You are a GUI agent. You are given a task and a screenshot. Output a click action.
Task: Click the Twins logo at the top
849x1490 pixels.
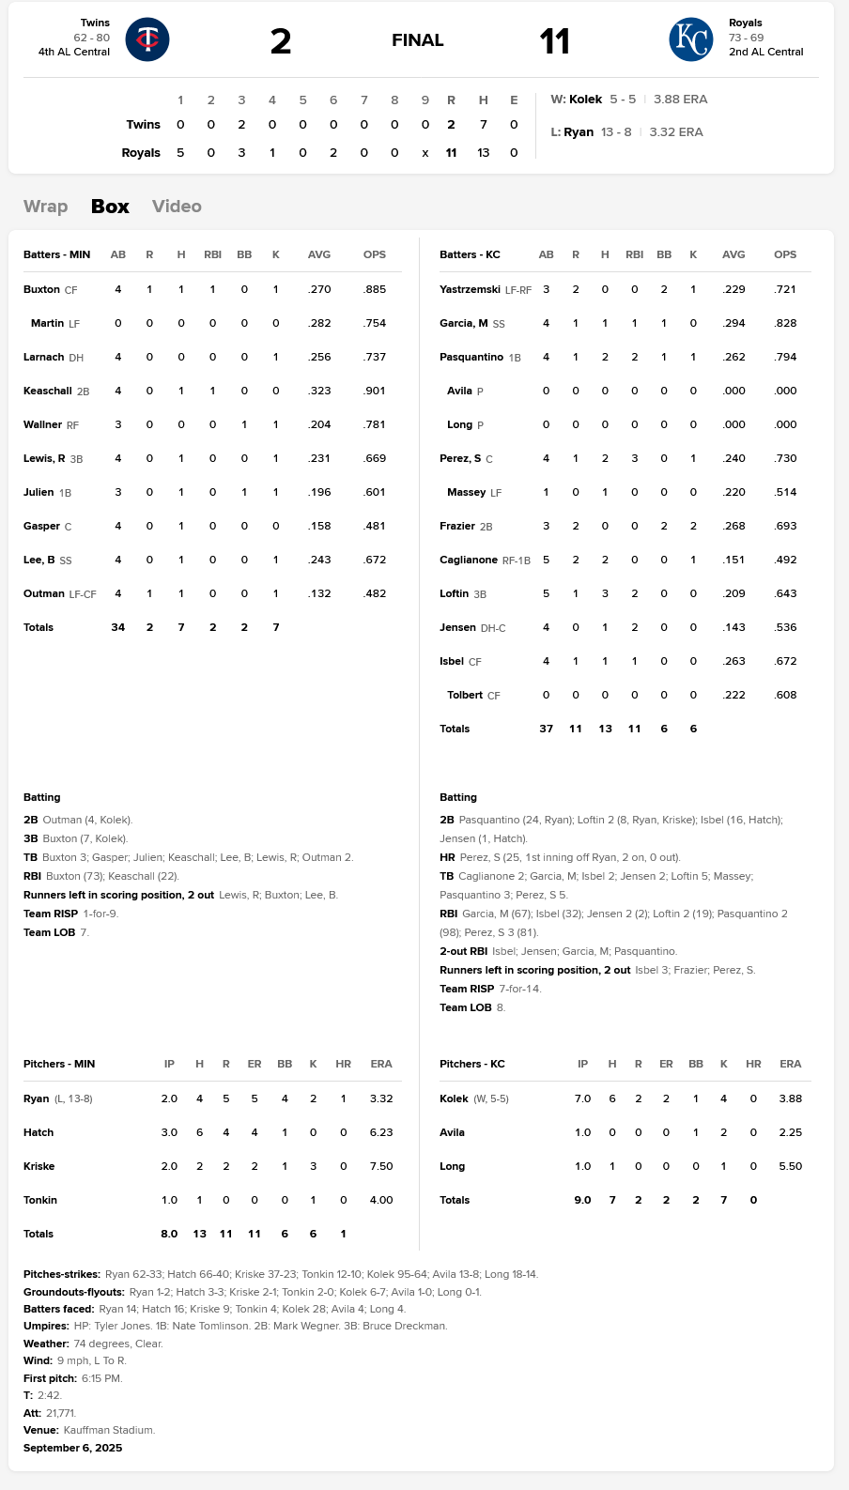click(147, 39)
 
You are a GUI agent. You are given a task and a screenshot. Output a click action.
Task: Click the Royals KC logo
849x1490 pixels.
click(690, 39)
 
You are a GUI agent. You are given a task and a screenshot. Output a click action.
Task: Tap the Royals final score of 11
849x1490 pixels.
click(554, 41)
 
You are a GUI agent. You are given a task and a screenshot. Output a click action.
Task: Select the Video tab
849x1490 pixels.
click(177, 207)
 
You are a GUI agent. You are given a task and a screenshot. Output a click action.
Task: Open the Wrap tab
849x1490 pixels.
click(45, 207)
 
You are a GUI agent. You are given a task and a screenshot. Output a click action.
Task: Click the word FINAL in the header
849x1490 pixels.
click(417, 40)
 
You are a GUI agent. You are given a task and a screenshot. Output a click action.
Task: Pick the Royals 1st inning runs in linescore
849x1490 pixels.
click(180, 153)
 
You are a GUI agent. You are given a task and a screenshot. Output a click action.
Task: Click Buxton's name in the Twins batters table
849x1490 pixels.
click(41, 290)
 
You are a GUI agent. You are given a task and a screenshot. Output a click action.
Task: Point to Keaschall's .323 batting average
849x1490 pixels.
click(319, 392)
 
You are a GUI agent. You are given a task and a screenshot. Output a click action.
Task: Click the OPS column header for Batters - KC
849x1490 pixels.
click(785, 254)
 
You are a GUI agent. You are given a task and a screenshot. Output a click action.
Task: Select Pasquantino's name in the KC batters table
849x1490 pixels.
click(471, 358)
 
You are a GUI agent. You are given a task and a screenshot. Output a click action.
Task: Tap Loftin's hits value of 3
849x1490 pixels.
click(605, 594)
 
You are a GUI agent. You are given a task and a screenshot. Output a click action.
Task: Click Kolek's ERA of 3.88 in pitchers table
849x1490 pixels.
click(790, 1098)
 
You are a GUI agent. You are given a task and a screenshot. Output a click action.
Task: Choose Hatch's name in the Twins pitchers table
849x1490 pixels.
click(39, 1133)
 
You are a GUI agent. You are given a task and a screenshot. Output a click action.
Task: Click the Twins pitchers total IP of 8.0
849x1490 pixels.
click(169, 1235)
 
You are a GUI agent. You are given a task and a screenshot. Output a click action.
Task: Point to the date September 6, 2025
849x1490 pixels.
click(72, 1448)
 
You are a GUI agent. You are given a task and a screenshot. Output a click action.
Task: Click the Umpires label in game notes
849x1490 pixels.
click(46, 1327)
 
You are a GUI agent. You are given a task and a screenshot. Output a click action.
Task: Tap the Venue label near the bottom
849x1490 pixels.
click(41, 1431)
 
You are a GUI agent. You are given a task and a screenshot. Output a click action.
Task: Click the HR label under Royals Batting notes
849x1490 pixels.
click(447, 858)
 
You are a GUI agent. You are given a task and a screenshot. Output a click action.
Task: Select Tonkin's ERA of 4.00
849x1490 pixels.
click(381, 1201)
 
